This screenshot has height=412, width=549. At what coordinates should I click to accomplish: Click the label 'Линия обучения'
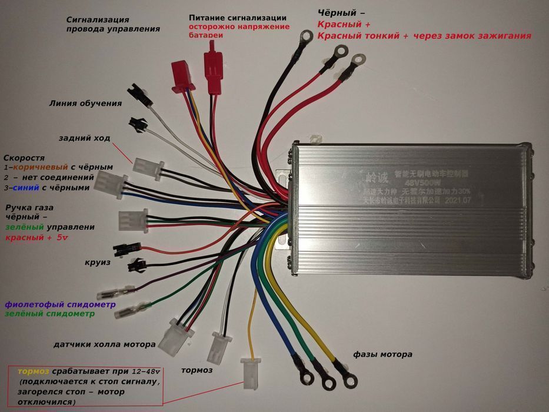tap(85, 103)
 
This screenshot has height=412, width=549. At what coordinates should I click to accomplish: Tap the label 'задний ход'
tap(84, 138)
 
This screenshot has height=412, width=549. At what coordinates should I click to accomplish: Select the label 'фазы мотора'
tap(382, 354)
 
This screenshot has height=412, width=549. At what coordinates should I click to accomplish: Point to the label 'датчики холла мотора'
tap(104, 344)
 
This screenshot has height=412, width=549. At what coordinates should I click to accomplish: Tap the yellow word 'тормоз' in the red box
tap(34, 372)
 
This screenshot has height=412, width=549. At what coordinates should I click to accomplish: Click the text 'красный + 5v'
tap(36, 238)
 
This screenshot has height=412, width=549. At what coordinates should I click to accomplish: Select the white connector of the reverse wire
tap(145, 168)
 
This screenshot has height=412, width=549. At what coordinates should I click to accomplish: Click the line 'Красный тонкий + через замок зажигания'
tap(424, 36)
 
